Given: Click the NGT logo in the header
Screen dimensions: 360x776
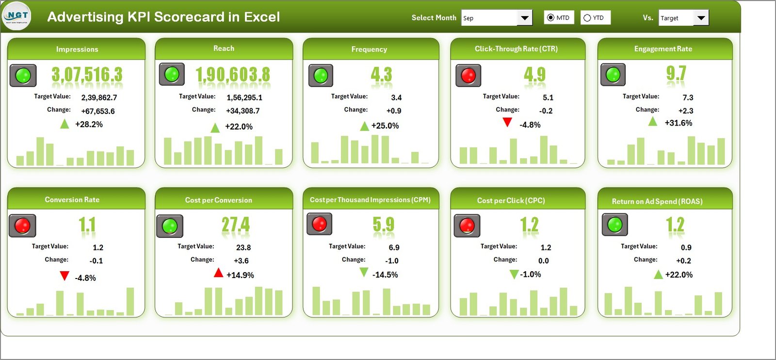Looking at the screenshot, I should pos(16,16).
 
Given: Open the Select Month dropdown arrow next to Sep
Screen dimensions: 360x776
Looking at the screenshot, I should pos(524,18).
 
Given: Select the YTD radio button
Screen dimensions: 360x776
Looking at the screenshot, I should pos(587,18).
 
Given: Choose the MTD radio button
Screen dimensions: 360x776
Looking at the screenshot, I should pos(550,18).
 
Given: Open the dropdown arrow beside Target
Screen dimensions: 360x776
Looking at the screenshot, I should pos(701,18).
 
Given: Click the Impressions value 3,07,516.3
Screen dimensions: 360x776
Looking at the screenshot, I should pos(87,75).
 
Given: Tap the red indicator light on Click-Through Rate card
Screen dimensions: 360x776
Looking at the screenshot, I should pos(468,76).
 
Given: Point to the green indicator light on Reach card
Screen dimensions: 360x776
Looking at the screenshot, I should pos(172,74).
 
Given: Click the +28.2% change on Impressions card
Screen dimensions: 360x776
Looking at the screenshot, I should pos(89,125).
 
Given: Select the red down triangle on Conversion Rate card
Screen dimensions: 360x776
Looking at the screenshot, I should pos(64,276).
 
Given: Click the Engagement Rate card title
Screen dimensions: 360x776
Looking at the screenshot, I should pos(663,49).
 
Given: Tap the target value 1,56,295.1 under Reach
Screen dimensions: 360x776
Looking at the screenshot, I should pos(244,98).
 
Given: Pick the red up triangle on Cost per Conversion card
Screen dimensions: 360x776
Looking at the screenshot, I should pos(218,273).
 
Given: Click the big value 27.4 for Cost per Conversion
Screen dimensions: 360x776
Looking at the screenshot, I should pos(235,225).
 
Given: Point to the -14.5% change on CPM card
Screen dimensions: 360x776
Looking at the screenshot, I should pos(385,275).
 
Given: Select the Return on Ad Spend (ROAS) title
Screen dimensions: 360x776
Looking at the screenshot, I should pos(657,201).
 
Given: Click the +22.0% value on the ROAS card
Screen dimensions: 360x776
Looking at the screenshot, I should pos(679,275).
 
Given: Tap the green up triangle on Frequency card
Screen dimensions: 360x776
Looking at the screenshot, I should pos(364,127).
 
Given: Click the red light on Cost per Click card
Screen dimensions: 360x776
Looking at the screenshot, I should pos(467,225).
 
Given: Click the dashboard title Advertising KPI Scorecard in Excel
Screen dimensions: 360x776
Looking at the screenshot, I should pos(163,17).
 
